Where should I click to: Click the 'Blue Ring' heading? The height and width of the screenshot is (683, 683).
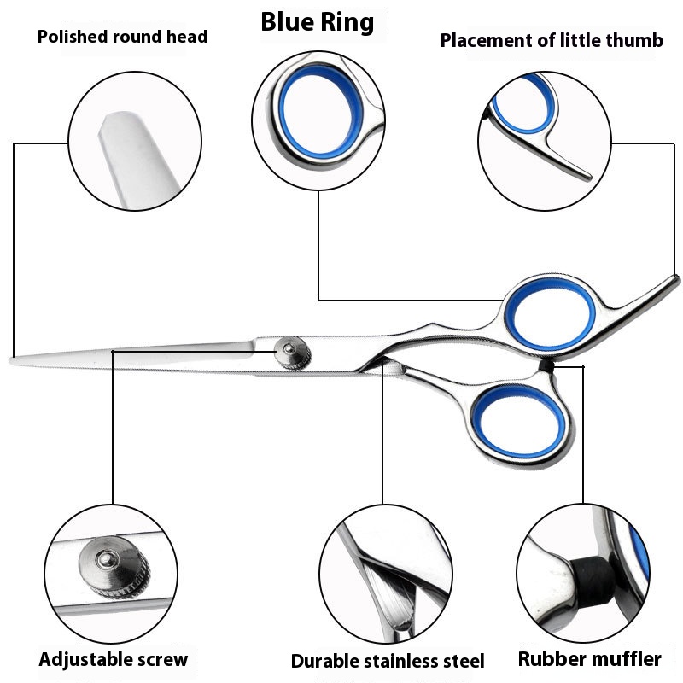point(317,22)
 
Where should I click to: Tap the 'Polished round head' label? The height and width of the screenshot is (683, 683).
point(122,37)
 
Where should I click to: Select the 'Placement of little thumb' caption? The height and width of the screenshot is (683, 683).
point(552,40)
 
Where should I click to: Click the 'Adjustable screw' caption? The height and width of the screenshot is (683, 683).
point(114,659)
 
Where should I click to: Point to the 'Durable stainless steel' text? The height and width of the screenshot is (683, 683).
point(388,661)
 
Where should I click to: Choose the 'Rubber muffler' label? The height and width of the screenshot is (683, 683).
point(589,658)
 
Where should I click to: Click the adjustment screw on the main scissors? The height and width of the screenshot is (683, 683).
point(293,353)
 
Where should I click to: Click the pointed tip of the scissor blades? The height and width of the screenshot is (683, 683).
point(10,360)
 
